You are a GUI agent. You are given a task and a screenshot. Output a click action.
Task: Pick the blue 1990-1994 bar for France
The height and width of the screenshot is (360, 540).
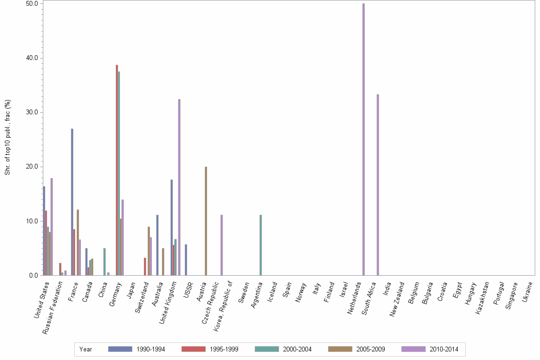coord(72,202)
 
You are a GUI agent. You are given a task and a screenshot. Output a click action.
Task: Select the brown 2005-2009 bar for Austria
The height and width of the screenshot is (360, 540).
coord(206,221)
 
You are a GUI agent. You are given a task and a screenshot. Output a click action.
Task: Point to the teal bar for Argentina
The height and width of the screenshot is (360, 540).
coord(260,245)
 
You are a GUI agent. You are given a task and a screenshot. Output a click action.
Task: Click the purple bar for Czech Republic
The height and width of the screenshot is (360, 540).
coord(221,245)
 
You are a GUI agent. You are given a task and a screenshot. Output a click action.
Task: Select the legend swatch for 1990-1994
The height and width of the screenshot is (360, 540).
coord(120,349)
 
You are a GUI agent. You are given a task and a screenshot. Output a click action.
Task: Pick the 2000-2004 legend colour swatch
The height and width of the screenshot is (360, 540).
coord(267,349)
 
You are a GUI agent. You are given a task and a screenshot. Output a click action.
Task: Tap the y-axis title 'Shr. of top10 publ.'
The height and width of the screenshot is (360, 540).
coord(7,138)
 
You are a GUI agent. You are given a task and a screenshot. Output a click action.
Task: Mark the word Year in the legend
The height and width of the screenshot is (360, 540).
coord(86,349)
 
